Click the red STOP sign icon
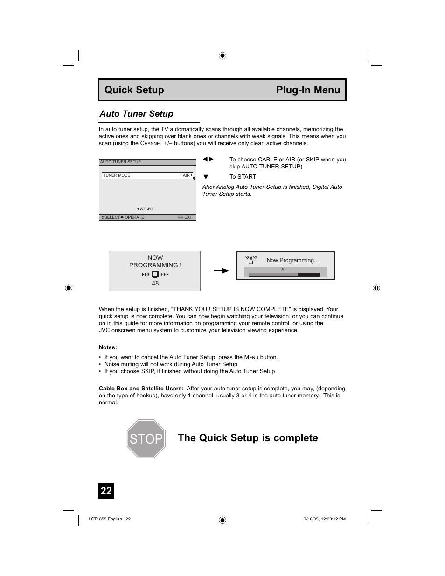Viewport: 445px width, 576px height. (146, 438)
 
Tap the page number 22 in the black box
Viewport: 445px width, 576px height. (106, 491)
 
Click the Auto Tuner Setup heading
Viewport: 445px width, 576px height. (136, 114)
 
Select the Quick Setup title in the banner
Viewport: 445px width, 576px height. (134, 90)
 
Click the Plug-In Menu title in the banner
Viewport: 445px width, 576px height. (308, 90)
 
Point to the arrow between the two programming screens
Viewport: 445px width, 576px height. (222, 271)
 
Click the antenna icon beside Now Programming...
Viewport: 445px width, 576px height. (251, 260)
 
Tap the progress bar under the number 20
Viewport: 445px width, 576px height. (284, 275)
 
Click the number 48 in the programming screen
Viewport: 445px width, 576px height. (155, 283)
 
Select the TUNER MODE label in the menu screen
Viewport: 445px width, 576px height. (117, 175)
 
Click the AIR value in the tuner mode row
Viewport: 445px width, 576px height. (186, 175)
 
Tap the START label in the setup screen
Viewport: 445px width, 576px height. (146, 209)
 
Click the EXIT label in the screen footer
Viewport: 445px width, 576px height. (188, 217)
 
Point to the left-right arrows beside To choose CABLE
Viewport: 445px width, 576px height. (208, 160)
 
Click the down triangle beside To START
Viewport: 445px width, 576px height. (205, 177)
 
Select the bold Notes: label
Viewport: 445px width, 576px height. (108, 347)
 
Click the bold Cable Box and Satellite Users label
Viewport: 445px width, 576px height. (141, 389)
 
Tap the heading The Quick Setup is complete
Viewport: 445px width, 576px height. (248, 438)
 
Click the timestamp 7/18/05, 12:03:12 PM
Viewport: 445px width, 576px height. (322, 519)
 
